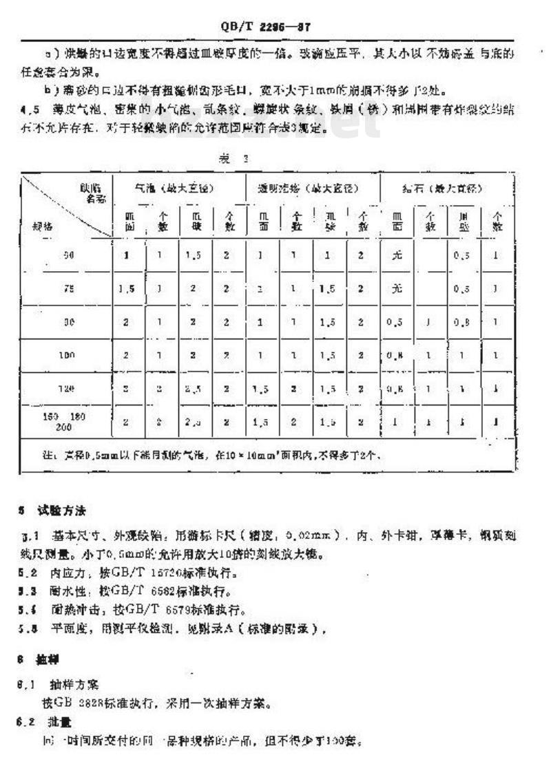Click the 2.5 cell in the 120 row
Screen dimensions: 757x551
195,389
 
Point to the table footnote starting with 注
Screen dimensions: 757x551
207,456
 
